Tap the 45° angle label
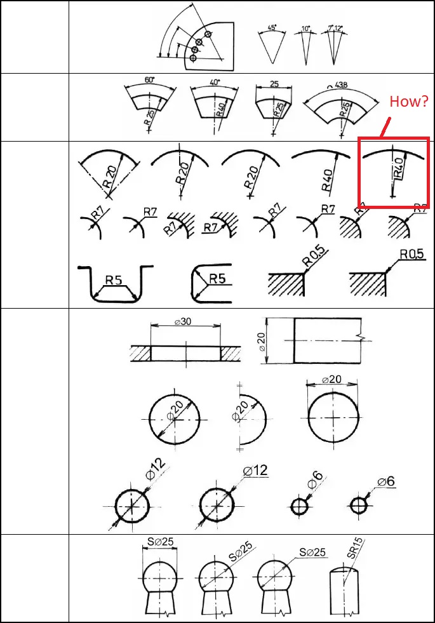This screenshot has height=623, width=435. pyautogui.click(x=271, y=28)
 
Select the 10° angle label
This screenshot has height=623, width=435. pyautogui.click(x=305, y=29)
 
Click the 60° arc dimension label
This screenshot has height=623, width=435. pyautogui.click(x=150, y=81)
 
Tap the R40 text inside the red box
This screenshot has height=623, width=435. pyautogui.click(x=399, y=166)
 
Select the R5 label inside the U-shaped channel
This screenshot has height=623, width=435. pyautogui.click(x=114, y=279)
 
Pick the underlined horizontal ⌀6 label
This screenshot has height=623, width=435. pyautogui.click(x=386, y=481)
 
